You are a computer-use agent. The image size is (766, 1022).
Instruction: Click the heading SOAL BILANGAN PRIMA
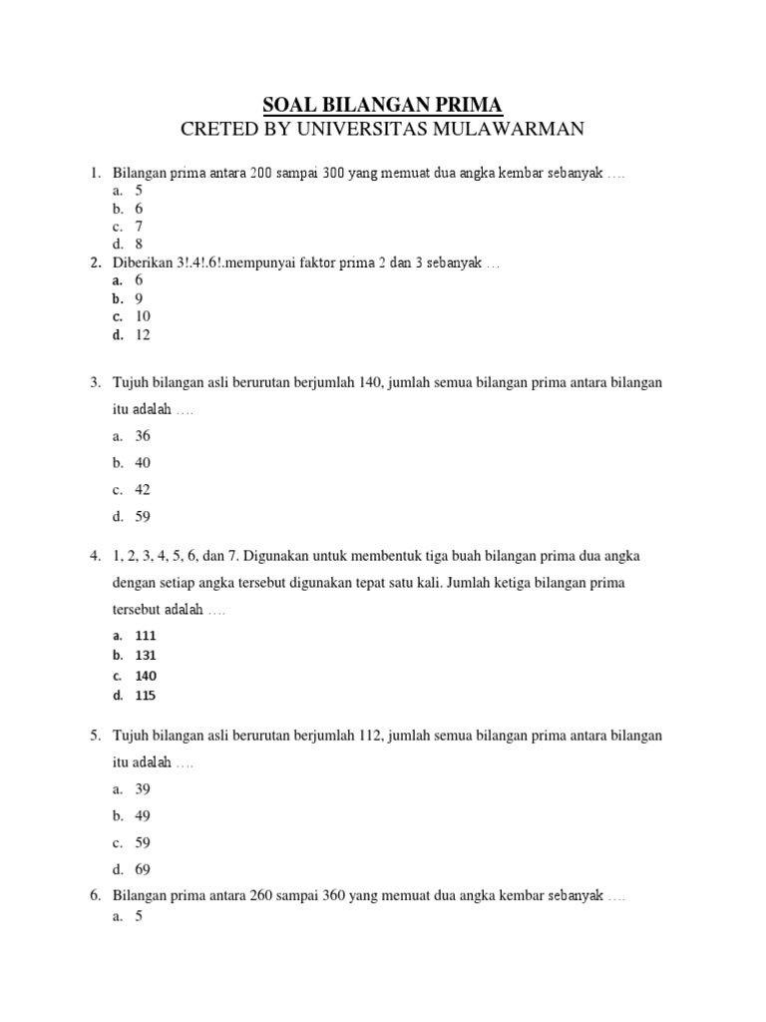383,105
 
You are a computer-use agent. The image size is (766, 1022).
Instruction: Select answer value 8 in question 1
140,244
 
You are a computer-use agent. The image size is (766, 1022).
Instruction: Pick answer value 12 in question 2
143,335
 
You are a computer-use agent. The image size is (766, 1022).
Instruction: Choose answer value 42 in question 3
143,490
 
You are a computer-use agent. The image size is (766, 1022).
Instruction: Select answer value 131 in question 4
146,656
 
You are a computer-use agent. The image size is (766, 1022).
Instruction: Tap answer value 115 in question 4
146,696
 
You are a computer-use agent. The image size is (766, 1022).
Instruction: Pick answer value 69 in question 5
143,869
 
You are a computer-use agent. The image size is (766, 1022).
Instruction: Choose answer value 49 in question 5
143,815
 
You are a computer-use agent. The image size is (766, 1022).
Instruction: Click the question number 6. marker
95,896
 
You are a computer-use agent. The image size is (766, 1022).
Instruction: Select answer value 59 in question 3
143,517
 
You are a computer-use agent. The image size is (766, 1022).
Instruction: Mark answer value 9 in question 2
140,298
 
